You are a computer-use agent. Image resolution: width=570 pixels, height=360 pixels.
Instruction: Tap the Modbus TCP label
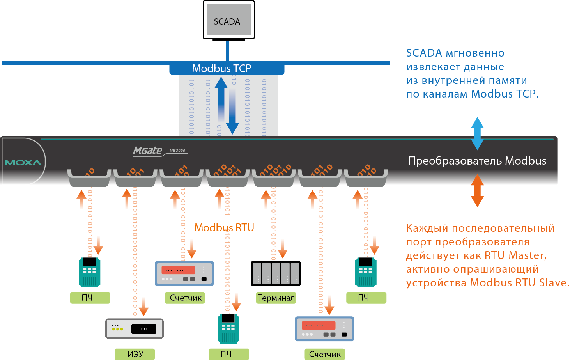221,69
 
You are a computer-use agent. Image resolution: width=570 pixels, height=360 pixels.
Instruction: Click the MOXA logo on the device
23,163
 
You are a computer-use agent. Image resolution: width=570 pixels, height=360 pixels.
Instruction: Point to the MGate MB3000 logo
159,151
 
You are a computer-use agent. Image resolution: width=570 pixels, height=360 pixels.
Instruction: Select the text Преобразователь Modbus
477,161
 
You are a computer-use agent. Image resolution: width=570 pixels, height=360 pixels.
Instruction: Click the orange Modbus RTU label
224,228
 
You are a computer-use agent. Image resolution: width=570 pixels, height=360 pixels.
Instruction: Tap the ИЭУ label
135,354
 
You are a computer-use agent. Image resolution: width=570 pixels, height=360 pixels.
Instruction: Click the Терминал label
276,298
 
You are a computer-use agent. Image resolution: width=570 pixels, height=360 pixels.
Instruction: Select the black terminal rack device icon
276,273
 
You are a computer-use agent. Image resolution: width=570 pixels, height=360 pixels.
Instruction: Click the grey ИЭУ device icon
135,329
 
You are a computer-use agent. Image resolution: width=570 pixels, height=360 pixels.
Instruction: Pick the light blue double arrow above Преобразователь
477,133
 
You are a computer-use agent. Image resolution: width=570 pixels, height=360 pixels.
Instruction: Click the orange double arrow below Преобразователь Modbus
477,190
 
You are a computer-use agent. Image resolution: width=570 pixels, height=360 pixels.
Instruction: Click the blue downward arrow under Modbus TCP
232,113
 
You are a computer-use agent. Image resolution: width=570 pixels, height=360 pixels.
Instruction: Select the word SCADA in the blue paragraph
424,53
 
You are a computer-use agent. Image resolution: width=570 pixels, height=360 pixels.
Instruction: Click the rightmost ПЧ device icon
365,272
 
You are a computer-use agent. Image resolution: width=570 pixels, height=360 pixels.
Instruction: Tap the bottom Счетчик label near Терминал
325,354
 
